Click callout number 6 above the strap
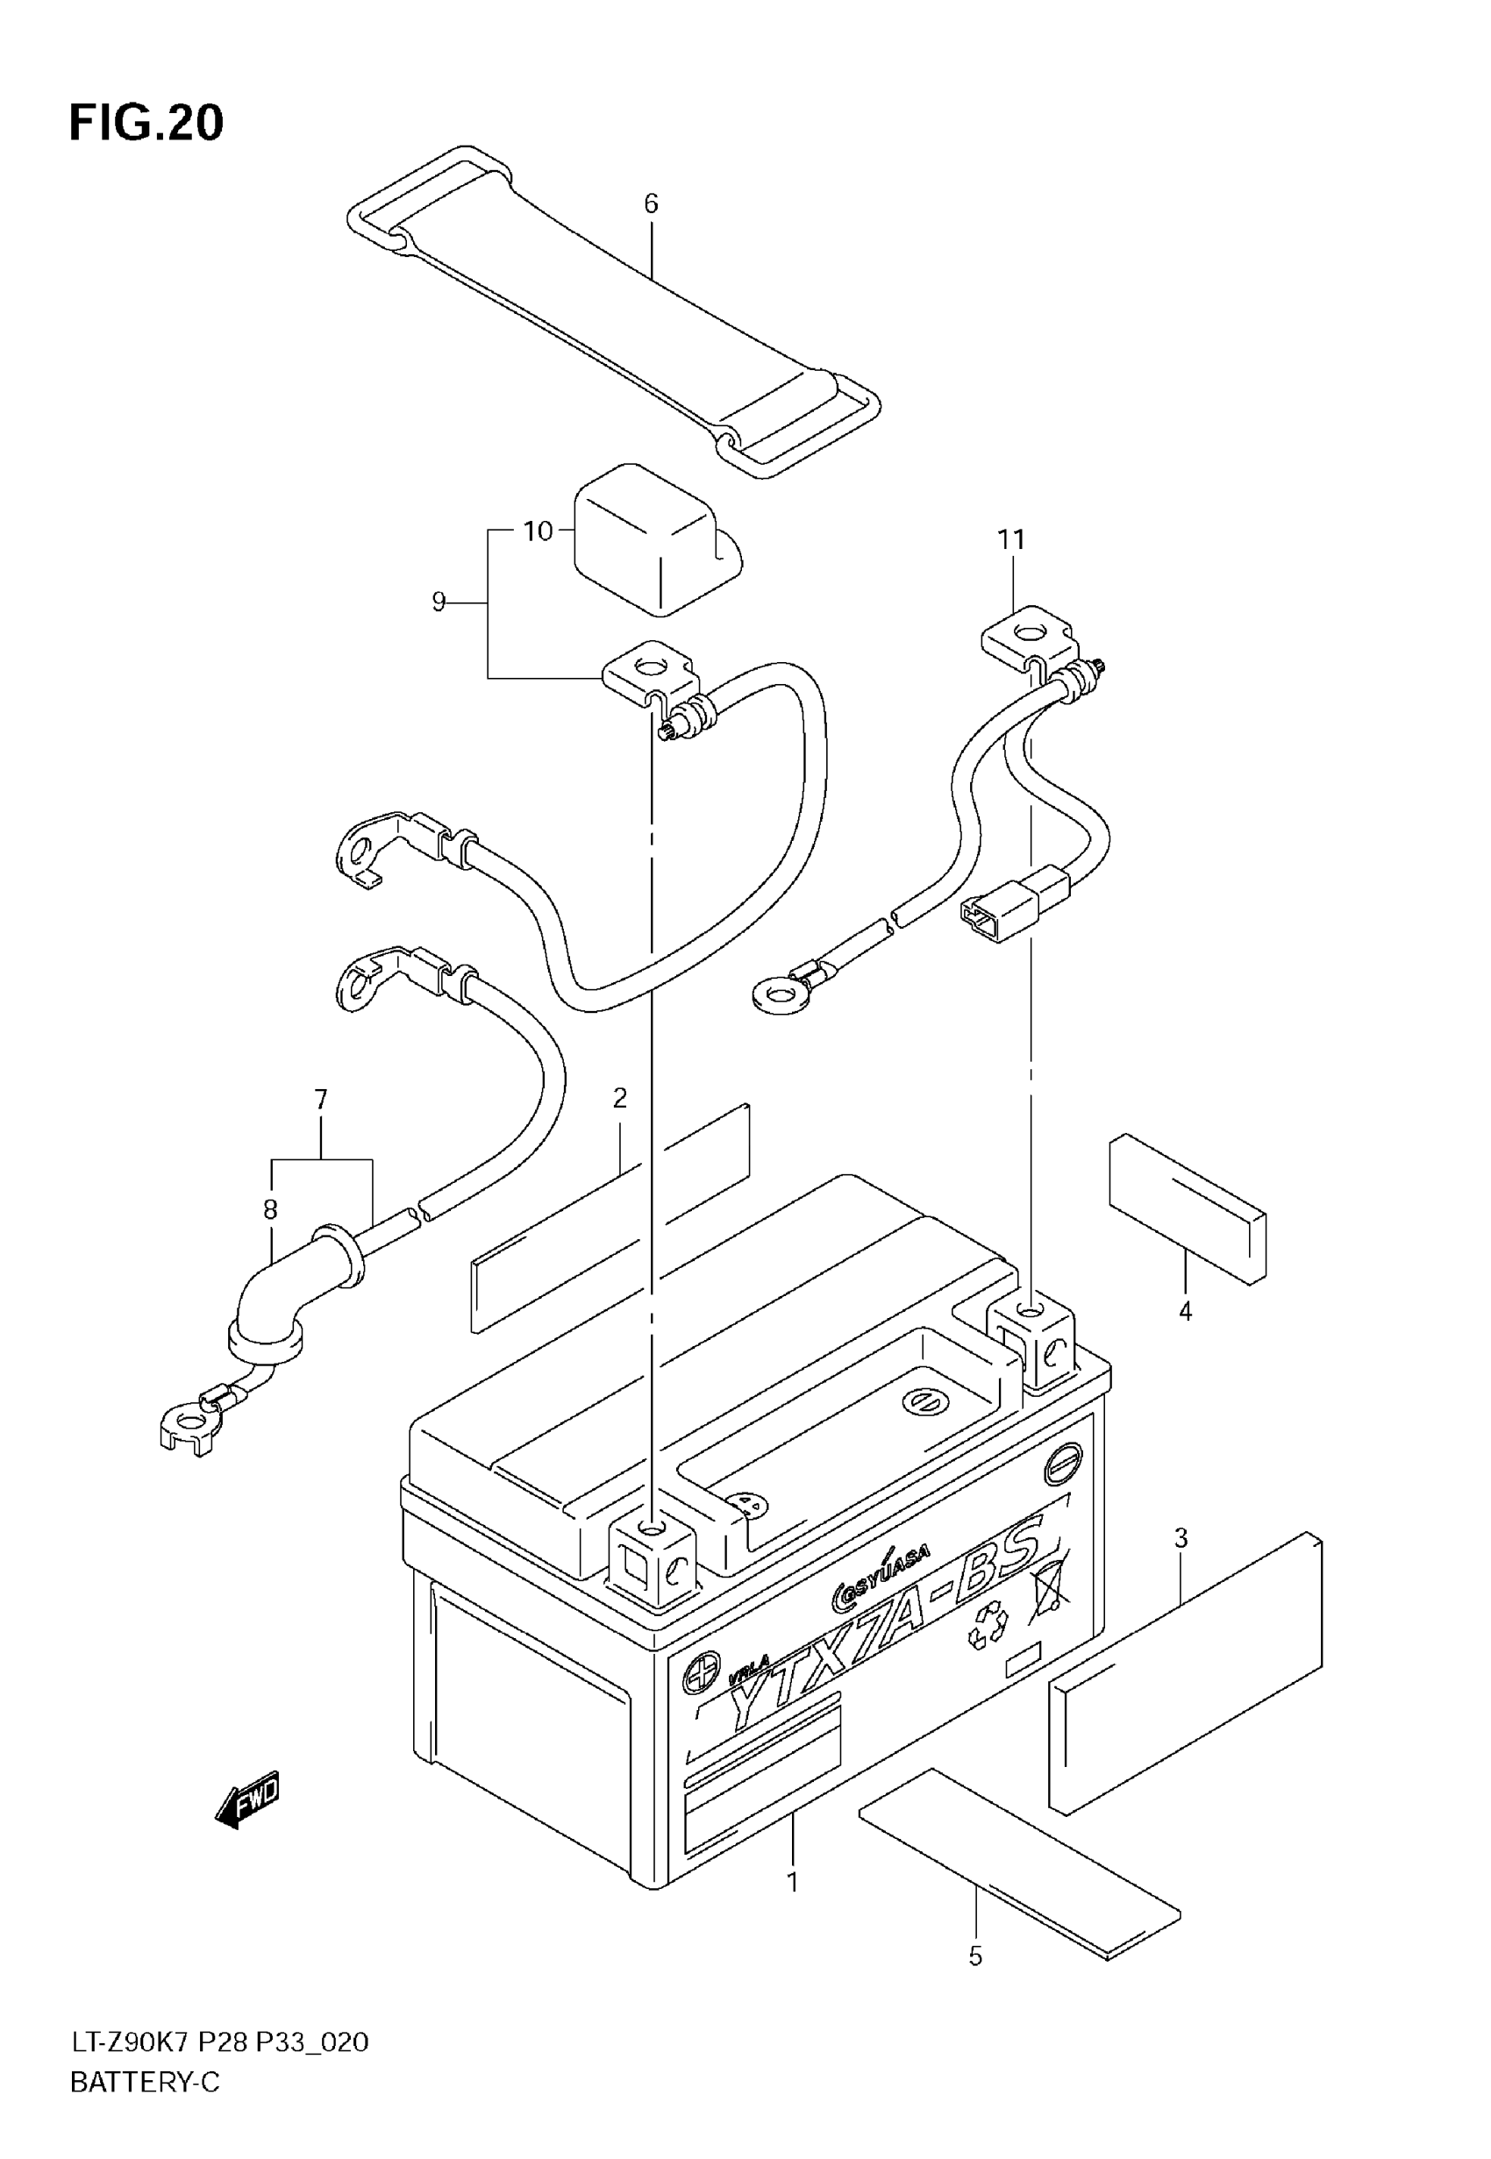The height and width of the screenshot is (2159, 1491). click(651, 203)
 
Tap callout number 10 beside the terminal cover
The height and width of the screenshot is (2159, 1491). click(539, 531)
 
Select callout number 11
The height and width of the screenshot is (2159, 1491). click(1011, 540)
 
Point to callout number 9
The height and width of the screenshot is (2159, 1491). click(439, 602)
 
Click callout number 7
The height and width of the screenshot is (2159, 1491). click(320, 1100)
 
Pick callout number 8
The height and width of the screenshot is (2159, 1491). click(270, 1210)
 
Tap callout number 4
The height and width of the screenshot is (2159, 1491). click(1185, 1312)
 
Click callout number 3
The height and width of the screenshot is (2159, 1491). click(1181, 1538)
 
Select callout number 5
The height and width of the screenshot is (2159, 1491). click(975, 1956)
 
